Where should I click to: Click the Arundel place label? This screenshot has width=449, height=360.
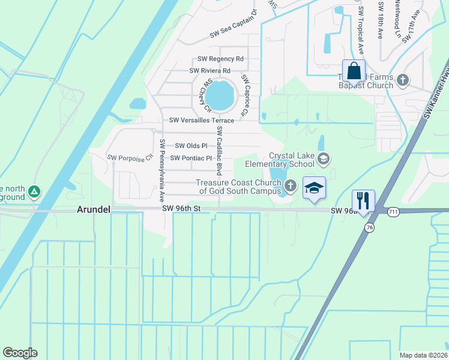coord(94,209)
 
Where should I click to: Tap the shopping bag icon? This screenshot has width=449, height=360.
coord(354,70)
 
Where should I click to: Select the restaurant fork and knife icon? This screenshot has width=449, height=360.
coord(363,200)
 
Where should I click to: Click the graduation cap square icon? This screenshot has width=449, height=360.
coord(314,188)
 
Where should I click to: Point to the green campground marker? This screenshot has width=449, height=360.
coord(35,191)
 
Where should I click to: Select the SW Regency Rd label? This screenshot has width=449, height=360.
coord(221,59)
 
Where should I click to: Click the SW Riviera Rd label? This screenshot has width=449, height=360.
coord(210,70)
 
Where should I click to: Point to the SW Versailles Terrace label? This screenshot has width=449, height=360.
coord(201,121)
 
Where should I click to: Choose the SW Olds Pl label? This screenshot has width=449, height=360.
coord(191,145)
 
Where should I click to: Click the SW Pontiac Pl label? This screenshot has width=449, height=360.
coord(191,158)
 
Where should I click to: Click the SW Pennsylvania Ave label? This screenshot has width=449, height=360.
coord(162,170)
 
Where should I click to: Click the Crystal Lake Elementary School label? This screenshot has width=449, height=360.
coord(291,159)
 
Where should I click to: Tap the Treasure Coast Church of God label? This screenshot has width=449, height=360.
coord(240,187)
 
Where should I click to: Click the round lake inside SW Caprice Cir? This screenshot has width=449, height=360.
coord(220,95)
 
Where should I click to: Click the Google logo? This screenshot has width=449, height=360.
coord(20,353)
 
